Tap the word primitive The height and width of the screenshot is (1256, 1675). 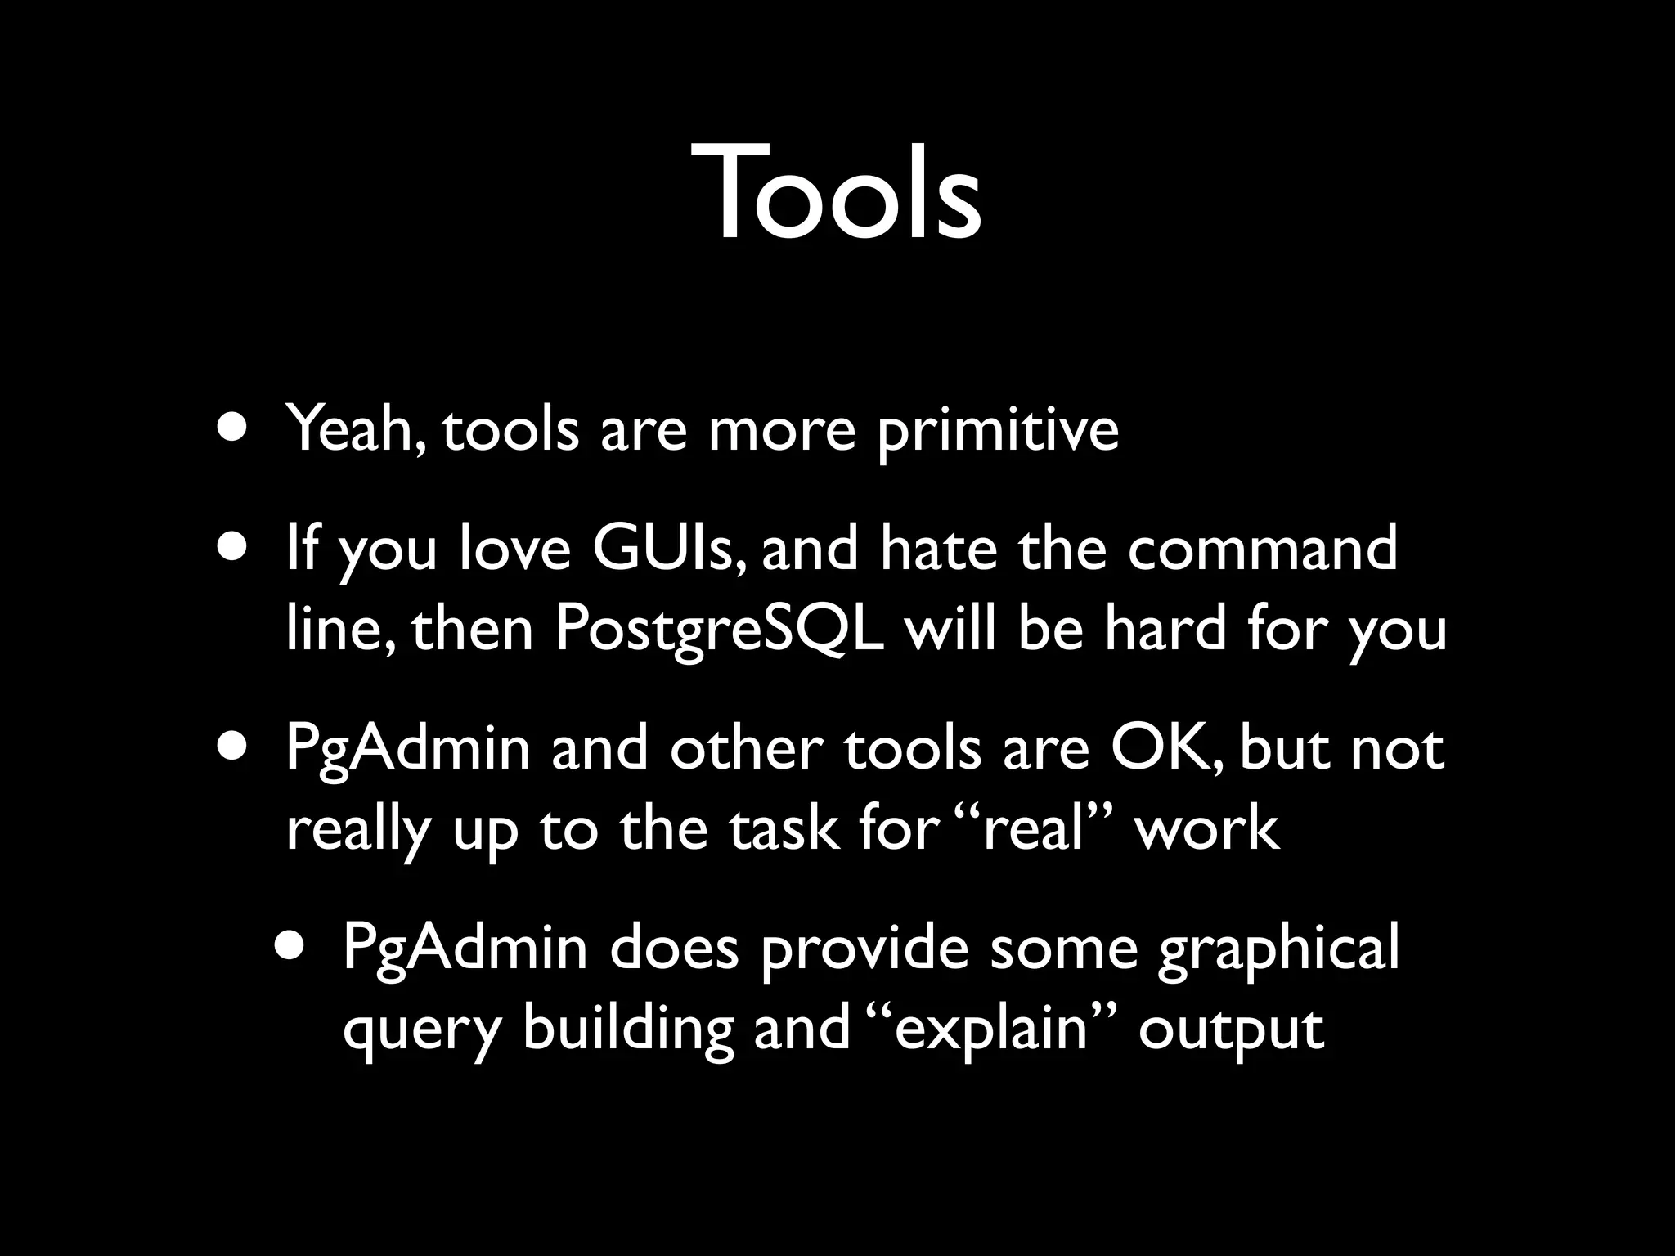998,431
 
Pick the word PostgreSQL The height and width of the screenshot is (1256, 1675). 720,630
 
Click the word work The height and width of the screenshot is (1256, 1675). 1207,828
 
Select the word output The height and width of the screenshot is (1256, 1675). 1231,1030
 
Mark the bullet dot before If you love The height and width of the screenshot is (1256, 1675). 233,549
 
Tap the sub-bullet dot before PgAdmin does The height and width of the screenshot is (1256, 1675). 291,947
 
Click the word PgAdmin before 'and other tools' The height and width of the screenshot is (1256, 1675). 408,750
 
